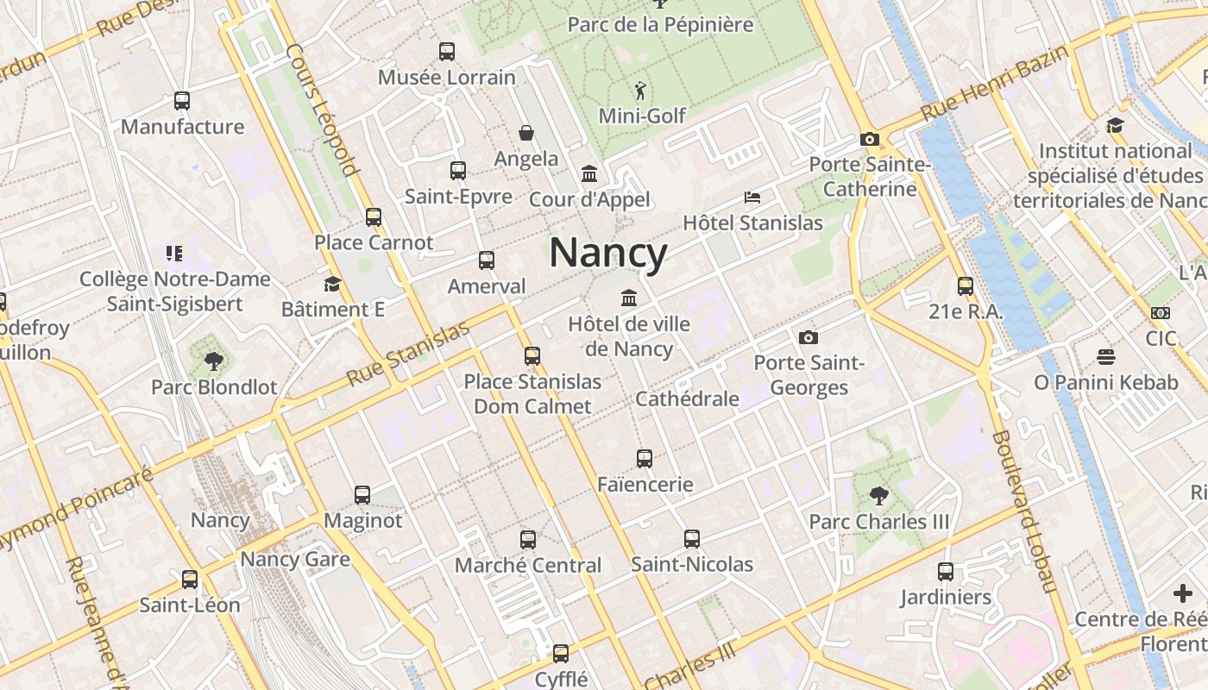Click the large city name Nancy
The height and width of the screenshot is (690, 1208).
(608, 254)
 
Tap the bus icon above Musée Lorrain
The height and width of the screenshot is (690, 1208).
(446, 52)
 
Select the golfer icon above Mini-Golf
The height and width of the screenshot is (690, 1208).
(639, 91)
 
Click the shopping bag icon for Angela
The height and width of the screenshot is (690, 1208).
(525, 133)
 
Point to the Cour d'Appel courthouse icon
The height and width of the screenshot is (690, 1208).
(589, 174)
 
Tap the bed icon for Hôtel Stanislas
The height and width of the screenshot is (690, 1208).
(752, 198)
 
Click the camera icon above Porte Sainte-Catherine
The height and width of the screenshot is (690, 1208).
(869, 139)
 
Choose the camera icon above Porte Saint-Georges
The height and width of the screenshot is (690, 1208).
(808, 337)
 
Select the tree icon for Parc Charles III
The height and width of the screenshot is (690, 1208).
(878, 496)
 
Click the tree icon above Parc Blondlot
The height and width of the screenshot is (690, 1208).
(214, 361)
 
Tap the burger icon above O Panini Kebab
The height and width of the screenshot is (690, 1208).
(1105, 356)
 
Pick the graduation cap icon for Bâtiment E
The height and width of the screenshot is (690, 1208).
(332, 284)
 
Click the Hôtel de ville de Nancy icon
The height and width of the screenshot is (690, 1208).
(629, 298)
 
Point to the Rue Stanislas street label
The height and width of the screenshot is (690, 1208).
(408, 354)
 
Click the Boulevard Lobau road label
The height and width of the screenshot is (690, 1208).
(1022, 511)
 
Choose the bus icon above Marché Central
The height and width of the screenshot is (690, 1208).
(528, 540)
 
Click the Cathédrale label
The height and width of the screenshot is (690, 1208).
(687, 398)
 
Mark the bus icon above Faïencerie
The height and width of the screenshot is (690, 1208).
(645, 459)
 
